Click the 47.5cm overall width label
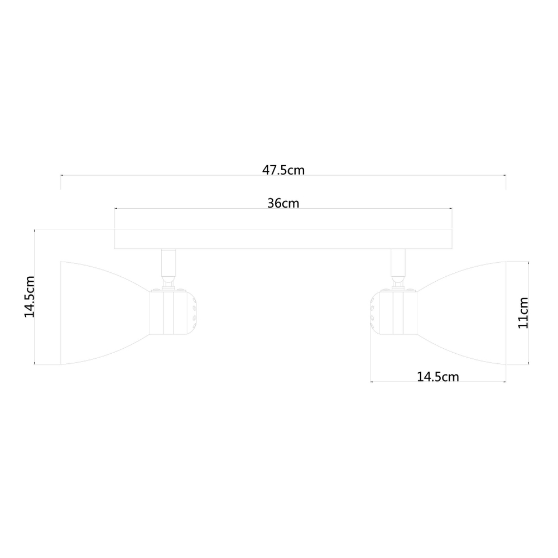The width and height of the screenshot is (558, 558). (283, 170)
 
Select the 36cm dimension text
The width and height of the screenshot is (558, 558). (283, 203)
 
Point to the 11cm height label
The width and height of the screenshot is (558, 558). (523, 312)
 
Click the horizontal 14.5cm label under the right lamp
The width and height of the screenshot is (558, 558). (438, 377)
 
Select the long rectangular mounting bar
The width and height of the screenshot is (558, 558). (283, 238)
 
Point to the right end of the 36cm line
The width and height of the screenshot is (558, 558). (451, 209)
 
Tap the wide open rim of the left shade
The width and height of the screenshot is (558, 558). (61, 312)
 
